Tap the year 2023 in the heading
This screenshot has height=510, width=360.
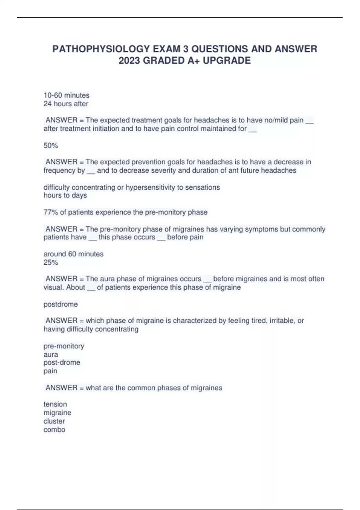[129, 61]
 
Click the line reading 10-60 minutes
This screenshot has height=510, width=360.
[66, 95]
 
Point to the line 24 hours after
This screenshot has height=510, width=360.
[66, 104]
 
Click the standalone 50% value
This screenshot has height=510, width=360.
[51, 146]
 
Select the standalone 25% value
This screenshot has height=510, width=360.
[51, 262]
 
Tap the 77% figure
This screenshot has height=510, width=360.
[51, 212]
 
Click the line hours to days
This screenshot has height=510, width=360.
[65, 195]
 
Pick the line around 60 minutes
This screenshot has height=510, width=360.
[73, 254]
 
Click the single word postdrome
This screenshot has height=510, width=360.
[61, 304]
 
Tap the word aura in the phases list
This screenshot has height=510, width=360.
[51, 355]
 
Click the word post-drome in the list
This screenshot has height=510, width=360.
[62, 362]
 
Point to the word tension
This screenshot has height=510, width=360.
[55, 404]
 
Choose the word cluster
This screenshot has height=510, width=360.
[54, 421]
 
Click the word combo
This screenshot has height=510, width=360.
[54, 430]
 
